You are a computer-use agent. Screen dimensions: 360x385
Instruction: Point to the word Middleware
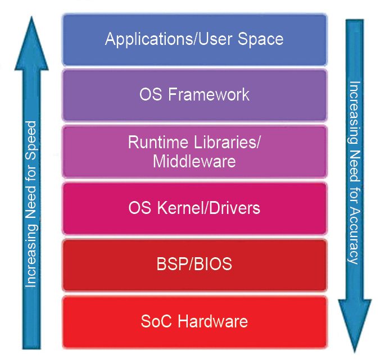tap(194, 162)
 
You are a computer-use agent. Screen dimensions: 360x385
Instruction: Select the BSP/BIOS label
tap(194, 265)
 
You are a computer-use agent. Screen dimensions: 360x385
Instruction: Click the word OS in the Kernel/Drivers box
tap(137, 208)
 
